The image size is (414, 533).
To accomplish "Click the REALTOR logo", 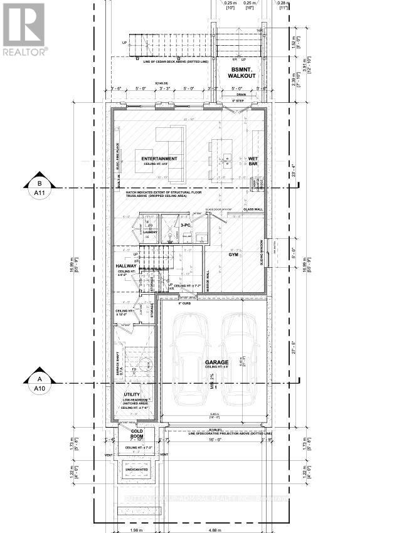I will (23, 29).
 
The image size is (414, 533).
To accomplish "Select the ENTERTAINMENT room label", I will (159, 159).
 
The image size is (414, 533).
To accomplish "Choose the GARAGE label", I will (216, 363).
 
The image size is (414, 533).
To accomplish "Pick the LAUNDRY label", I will (150, 232).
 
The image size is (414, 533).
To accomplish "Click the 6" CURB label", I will (184, 303).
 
